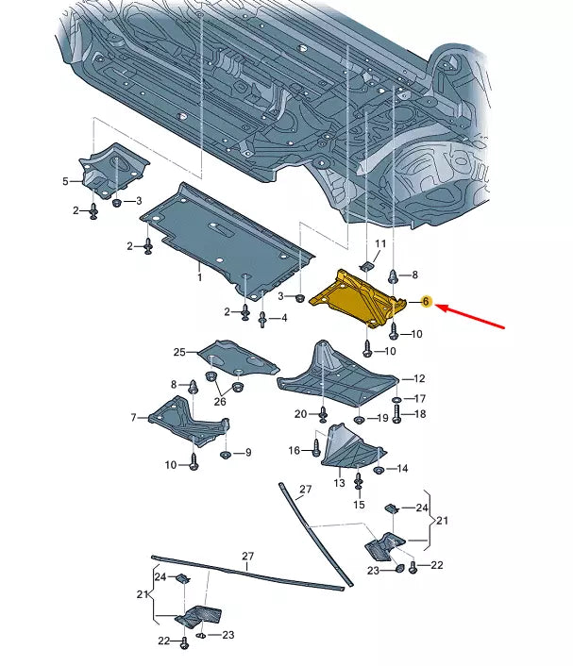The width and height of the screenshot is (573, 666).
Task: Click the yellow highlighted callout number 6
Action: coord(426,302)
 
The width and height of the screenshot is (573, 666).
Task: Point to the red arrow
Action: coord(470,316)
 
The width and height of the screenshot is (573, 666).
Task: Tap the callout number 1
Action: coord(200,277)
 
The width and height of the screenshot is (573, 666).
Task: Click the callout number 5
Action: coord(65,181)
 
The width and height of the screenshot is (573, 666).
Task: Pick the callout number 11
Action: coord(380,243)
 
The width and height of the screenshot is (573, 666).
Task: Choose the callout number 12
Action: coord(419,378)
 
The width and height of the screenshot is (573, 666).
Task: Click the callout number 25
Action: coord(179,352)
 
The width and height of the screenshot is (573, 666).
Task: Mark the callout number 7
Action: coord(133,418)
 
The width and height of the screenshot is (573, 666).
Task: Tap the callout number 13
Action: coord(339,483)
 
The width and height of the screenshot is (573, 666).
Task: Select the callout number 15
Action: coord(360,505)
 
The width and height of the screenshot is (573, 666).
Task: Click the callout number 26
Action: coord(220,401)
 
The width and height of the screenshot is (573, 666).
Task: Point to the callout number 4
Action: coord(284,318)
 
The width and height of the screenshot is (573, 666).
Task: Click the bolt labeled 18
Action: coord(396,414)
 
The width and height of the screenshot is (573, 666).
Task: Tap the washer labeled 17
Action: coord(396,400)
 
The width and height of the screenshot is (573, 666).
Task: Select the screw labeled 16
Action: coord(316,448)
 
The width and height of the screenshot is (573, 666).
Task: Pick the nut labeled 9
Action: coord(226,455)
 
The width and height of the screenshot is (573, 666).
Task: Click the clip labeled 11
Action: coord(366,266)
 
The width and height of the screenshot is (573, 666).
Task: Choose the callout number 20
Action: coord(300,414)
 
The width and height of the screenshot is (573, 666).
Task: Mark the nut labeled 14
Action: coord(379,470)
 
